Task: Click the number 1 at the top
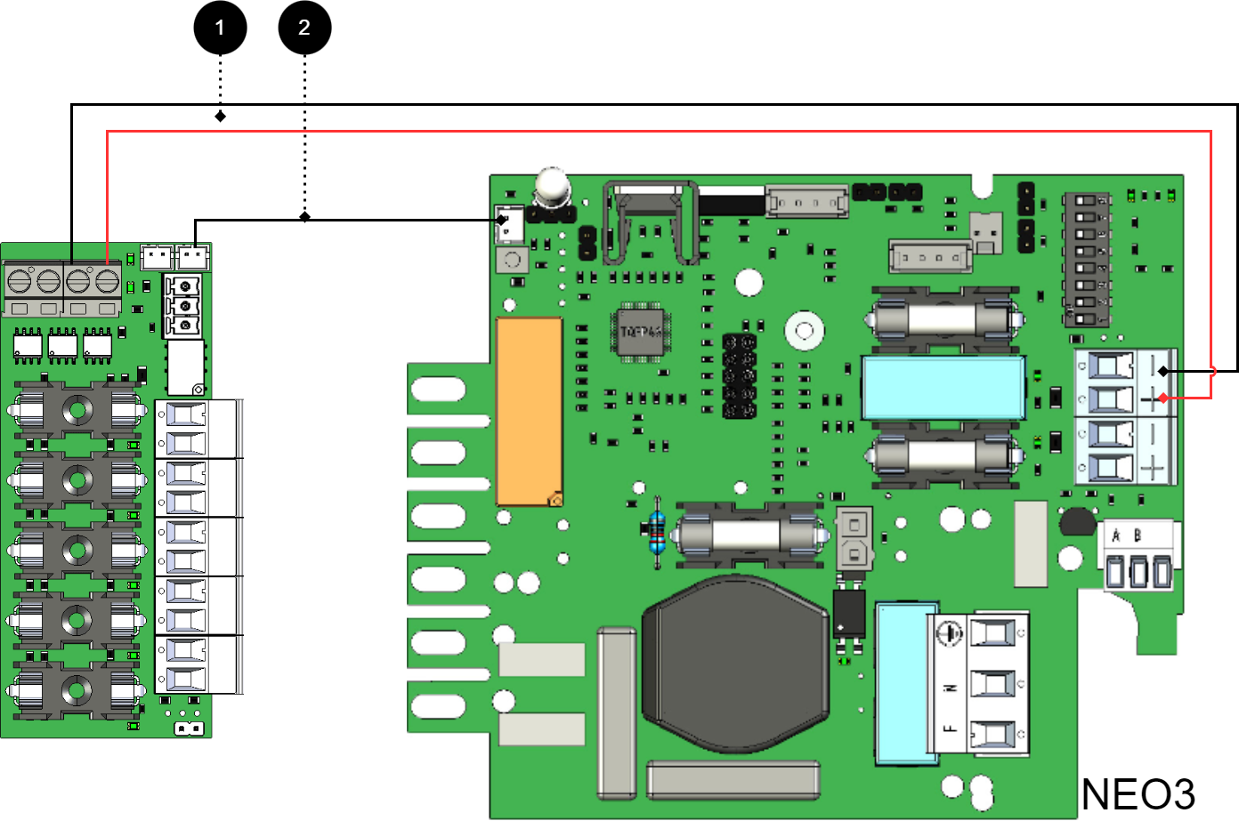click(x=220, y=28)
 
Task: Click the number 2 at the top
click(x=304, y=28)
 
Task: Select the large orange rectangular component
click(x=529, y=411)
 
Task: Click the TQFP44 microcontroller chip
click(x=641, y=332)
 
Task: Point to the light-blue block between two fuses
click(x=943, y=387)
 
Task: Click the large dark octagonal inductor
click(x=735, y=663)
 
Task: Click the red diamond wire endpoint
click(x=1163, y=398)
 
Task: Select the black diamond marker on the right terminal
click(x=1163, y=371)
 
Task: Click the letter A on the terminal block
click(x=1116, y=535)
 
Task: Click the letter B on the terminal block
click(x=1138, y=535)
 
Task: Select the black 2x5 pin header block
click(x=739, y=375)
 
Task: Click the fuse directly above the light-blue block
click(x=944, y=318)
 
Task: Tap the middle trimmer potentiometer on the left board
click(x=185, y=306)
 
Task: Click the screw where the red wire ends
click(x=108, y=282)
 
